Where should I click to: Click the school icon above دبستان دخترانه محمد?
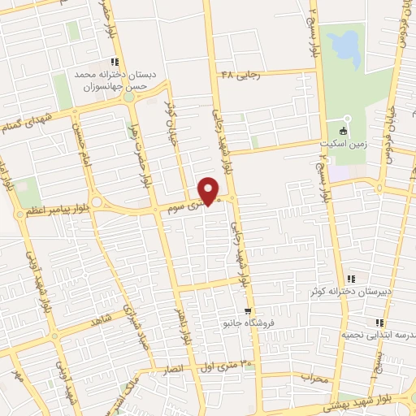115,61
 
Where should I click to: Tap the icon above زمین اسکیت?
343,130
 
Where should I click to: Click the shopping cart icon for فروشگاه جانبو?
249,311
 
